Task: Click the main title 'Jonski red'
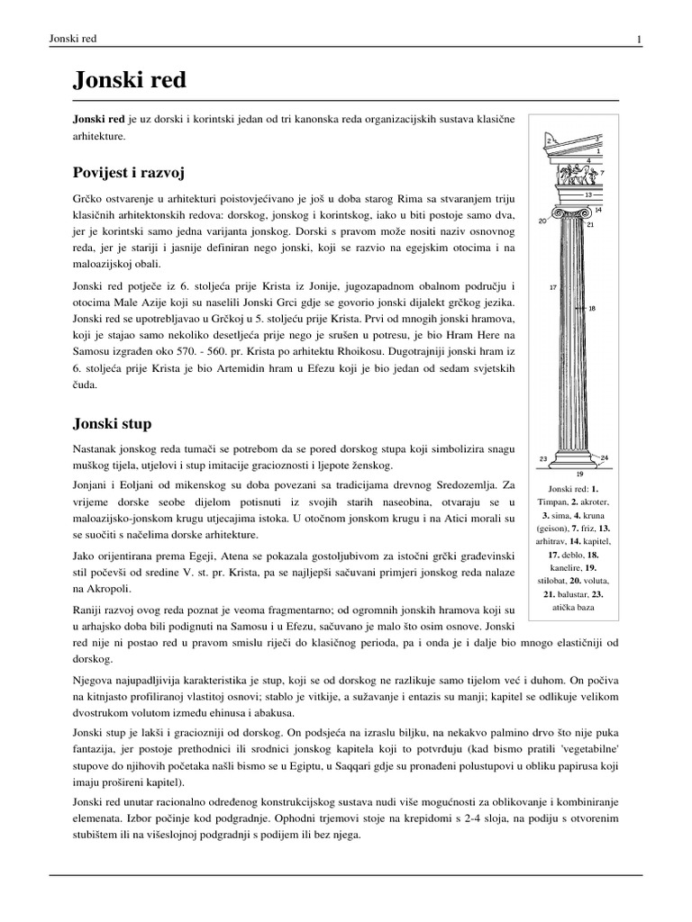click(x=129, y=80)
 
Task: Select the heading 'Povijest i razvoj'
click(x=133, y=171)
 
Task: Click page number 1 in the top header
click(x=638, y=39)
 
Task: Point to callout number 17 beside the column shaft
click(x=554, y=288)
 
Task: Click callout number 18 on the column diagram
click(x=592, y=308)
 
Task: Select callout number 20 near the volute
click(x=541, y=221)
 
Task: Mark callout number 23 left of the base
click(x=543, y=458)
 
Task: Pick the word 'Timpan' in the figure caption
click(x=554, y=502)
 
